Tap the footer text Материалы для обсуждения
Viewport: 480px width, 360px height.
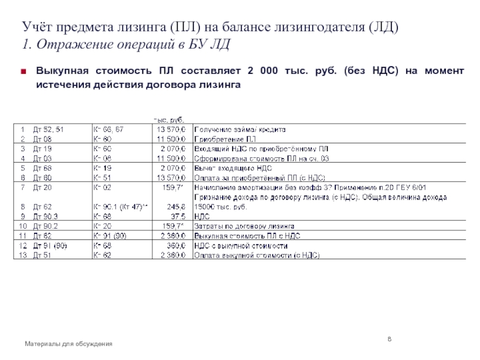[x=68, y=343]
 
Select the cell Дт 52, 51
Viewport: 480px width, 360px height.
[x=46, y=130]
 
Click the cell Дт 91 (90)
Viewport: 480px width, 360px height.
[x=50, y=246]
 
